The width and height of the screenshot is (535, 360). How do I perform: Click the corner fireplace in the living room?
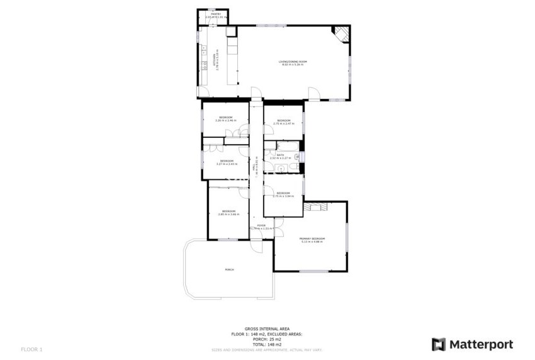pyautogui.click(x=341, y=33)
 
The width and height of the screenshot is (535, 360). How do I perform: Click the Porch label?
pyautogui.click(x=229, y=269)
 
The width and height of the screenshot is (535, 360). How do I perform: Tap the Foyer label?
pyautogui.click(x=261, y=225)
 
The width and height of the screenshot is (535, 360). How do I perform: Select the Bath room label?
pyautogui.click(x=281, y=154)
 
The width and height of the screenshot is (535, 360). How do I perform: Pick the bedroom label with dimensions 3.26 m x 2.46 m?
pyautogui.click(x=225, y=120)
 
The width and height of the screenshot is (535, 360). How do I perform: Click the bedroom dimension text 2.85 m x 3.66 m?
pyautogui.click(x=228, y=215)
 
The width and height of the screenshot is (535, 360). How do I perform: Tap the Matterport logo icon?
pyautogui.click(x=439, y=344)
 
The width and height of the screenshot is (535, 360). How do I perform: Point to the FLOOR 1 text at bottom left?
pyautogui.click(x=31, y=349)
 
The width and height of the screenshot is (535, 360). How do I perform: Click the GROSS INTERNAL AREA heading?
pyautogui.click(x=267, y=329)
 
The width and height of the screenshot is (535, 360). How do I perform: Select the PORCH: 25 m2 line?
pyautogui.click(x=267, y=340)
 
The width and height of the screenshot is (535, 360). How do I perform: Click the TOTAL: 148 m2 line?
pyautogui.click(x=267, y=344)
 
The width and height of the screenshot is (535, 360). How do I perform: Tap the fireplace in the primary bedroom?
pyautogui.click(x=315, y=206)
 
